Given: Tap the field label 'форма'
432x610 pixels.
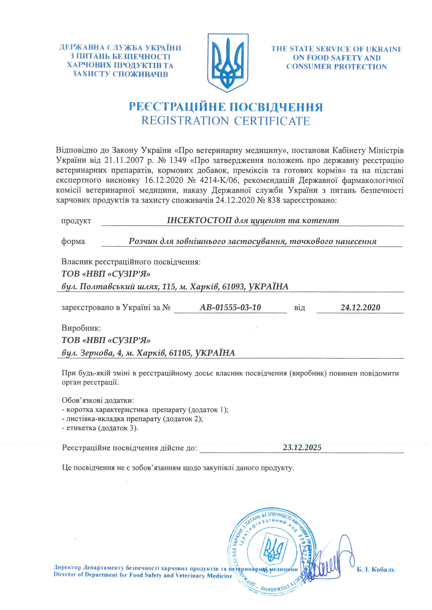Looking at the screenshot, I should tap(73, 241).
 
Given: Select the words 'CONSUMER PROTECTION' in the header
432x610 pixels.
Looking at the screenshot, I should tap(337, 67).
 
